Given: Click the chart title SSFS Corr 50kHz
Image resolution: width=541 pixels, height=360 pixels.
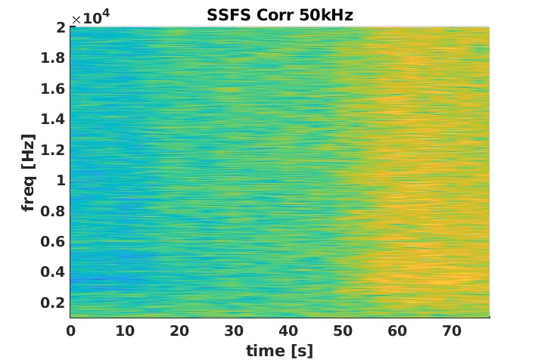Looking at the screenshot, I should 280,15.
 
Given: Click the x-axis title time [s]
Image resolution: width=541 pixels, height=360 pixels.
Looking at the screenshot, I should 279,350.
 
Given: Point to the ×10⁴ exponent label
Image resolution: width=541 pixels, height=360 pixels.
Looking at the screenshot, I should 87,18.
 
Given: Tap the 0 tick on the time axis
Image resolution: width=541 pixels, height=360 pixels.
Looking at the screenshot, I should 70,331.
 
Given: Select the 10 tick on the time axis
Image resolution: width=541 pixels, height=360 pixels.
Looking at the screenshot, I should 125,331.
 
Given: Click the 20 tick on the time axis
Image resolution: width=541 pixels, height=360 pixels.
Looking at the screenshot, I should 179,331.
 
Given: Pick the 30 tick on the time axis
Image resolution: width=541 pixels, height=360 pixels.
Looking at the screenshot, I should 234,331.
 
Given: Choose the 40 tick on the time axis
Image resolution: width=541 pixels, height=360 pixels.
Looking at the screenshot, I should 288,331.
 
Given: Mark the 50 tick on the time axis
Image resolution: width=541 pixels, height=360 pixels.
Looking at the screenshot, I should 343,331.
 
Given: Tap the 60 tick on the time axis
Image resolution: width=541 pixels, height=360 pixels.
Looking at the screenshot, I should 397,331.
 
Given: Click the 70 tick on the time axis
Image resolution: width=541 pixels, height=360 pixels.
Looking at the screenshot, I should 452,331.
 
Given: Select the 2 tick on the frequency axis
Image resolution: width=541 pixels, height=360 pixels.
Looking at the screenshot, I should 59,28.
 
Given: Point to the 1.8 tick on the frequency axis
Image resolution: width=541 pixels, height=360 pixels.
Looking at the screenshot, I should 53,58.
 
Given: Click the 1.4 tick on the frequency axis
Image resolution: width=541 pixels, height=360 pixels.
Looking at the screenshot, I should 53,119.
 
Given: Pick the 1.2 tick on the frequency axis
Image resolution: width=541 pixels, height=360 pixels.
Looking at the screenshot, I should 53,150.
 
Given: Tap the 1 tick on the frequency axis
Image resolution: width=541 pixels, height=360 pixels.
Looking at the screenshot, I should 59,181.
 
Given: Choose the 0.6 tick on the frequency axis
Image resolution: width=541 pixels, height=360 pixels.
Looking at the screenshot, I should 53,241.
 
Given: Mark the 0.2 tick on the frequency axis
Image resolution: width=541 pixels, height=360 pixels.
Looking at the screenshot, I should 53,303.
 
